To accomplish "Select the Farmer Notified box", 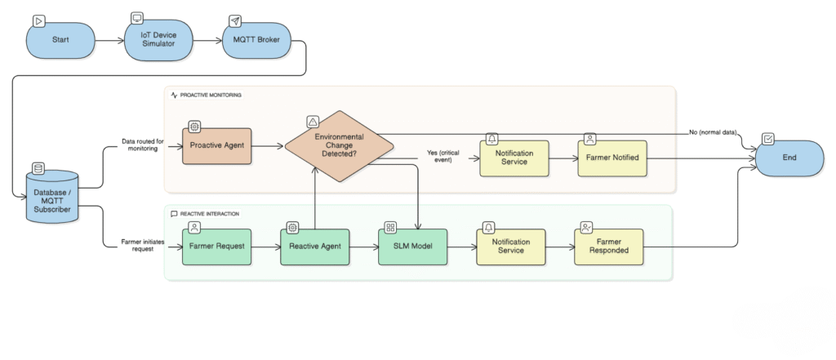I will coord(614,157).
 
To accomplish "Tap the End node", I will coord(789,157).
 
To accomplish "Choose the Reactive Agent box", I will coord(314,245).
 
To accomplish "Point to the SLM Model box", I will coord(413,245).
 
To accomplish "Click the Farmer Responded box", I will coord(609,246).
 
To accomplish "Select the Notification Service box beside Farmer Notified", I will coord(515,157).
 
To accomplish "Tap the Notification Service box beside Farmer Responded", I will coord(511,246).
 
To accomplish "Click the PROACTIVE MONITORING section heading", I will coord(210,96).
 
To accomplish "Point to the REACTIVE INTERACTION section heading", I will coord(209,214).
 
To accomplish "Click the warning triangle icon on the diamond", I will coord(312,122).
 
